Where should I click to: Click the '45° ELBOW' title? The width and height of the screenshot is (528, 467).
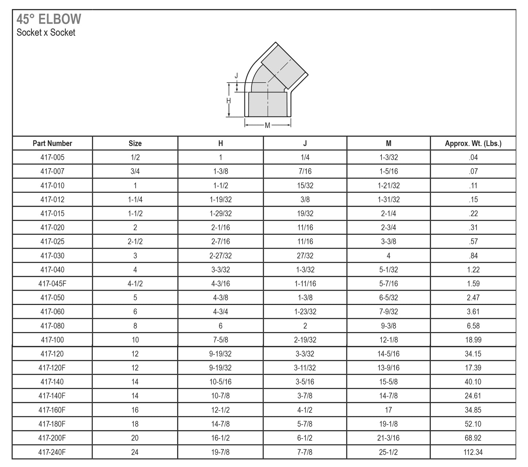click(49, 19)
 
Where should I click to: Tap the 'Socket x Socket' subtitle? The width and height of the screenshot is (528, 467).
click(46, 33)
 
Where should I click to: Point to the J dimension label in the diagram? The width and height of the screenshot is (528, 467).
click(236, 76)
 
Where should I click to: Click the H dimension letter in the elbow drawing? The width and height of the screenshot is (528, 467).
click(228, 101)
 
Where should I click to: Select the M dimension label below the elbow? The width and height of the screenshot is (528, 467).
click(267, 125)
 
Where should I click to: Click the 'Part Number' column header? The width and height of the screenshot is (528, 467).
click(52, 143)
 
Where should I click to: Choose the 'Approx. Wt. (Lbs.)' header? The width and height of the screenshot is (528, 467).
click(473, 143)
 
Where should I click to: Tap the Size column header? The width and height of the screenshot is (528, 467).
click(135, 143)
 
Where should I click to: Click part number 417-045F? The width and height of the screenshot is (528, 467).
click(52, 284)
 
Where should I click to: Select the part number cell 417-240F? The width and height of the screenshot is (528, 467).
click(52, 452)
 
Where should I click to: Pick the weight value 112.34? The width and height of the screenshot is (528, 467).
click(473, 452)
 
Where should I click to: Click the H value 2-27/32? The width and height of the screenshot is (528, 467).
click(220, 256)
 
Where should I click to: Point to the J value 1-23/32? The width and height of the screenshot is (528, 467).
click(305, 312)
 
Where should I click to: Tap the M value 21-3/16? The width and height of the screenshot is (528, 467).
click(388, 438)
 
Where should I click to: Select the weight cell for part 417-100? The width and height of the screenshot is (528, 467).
click(473, 340)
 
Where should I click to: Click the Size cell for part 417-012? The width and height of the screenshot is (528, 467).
click(135, 200)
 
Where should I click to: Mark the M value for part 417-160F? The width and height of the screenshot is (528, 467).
click(388, 410)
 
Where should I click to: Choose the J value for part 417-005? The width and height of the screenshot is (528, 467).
click(305, 158)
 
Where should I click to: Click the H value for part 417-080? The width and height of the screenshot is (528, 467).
click(220, 326)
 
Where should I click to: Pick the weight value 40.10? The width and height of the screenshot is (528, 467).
click(473, 382)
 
